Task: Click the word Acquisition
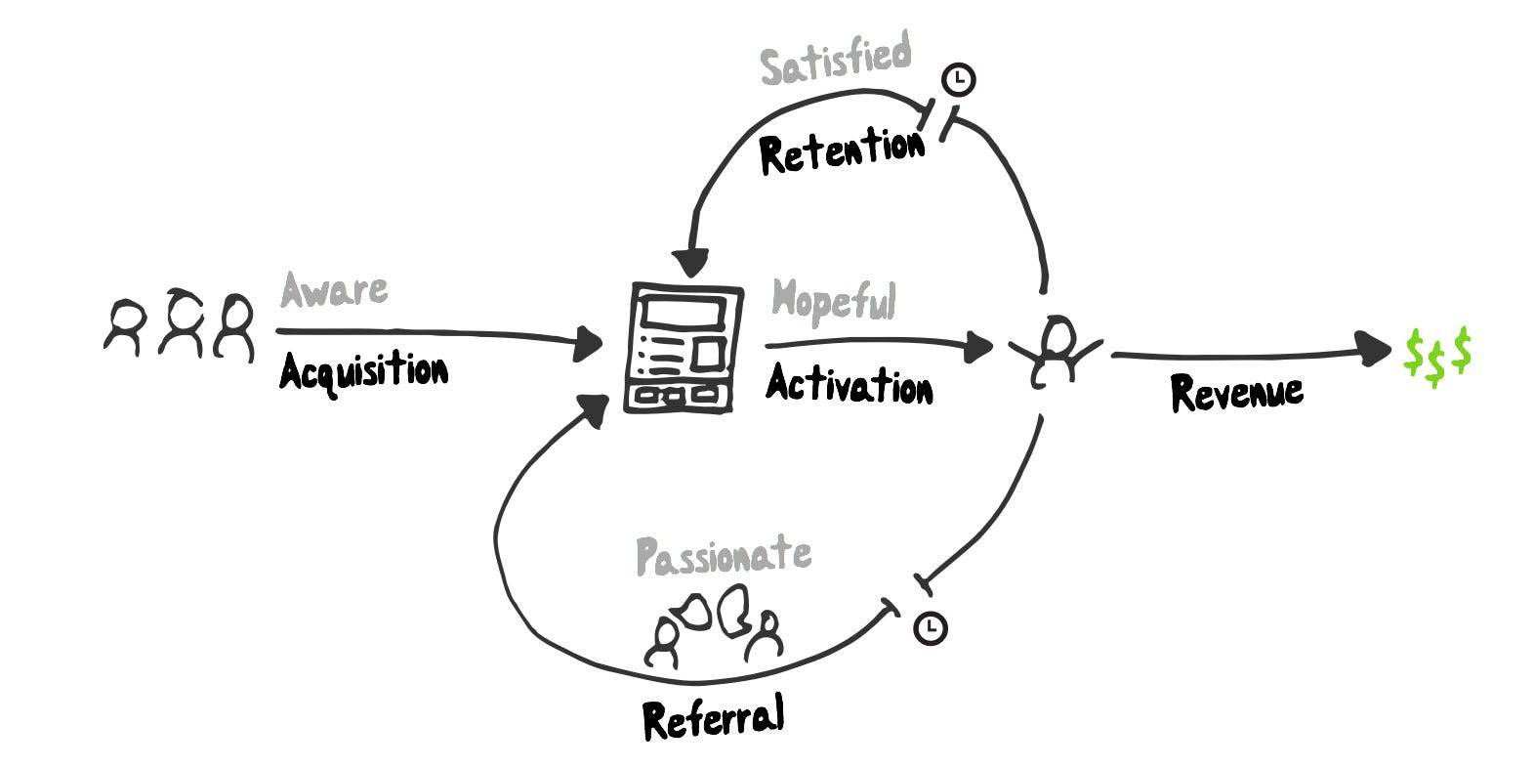click(363, 372)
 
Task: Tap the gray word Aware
click(334, 290)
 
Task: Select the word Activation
click(850, 383)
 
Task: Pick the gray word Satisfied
click(836, 59)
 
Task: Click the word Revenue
click(1237, 393)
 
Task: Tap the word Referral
click(713, 716)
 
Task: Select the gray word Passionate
click(724, 556)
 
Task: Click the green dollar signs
click(1437, 356)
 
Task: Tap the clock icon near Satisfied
click(959, 79)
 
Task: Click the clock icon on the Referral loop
click(931, 627)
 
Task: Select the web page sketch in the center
click(683, 348)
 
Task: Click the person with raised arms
click(1055, 351)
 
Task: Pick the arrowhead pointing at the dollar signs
click(1373, 350)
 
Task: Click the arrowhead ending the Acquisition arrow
click(588, 343)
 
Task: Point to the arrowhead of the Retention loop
click(690, 263)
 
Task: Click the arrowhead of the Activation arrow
click(978, 347)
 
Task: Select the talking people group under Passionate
click(714, 626)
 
